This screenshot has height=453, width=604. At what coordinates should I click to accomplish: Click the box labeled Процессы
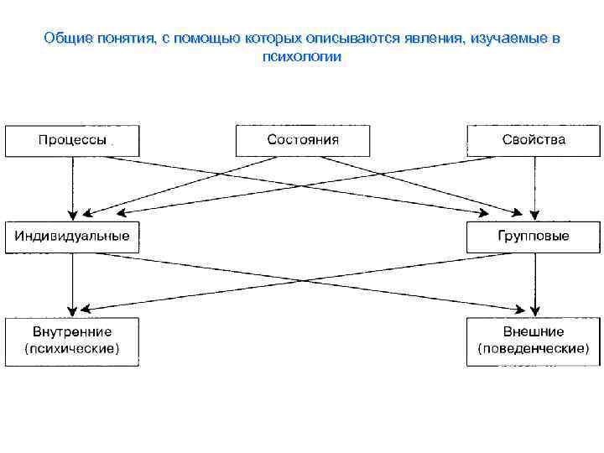(72, 140)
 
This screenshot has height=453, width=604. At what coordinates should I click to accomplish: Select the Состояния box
(303, 140)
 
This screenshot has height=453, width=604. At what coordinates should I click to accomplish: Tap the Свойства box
(534, 140)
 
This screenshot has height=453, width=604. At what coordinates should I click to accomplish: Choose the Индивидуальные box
(72, 237)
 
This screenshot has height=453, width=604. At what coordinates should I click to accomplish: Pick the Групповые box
(534, 237)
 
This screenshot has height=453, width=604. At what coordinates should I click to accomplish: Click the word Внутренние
(72, 332)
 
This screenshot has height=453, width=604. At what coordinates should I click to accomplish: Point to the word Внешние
(534, 332)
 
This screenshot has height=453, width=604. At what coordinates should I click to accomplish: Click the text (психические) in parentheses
(72, 348)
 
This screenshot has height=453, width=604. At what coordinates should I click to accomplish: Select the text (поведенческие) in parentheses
(534, 348)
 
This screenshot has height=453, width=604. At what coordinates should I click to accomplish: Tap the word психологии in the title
(302, 57)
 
